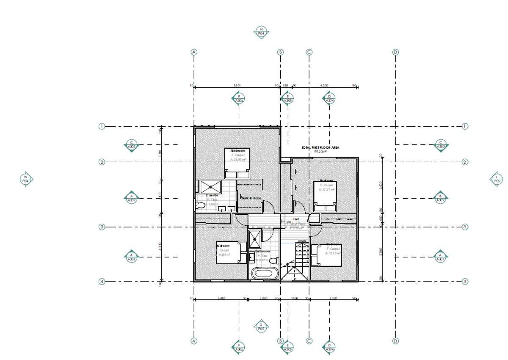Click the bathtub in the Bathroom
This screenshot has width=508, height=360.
[x=265, y=273]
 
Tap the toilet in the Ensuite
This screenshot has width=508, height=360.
[x=201, y=205]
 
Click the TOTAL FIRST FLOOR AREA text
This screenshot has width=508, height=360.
[x=320, y=147]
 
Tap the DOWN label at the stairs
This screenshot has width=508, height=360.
[x=302, y=241]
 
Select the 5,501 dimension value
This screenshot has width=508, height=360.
[x=237, y=86]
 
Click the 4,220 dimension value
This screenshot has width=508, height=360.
[x=324, y=86]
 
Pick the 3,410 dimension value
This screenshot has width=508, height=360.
[x=221, y=298]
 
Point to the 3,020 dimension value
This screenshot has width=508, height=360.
[x=333, y=298]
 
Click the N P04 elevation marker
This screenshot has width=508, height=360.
[x=261, y=32]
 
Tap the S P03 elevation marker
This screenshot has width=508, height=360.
[x=261, y=326]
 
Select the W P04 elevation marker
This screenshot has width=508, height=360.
[x=26, y=179]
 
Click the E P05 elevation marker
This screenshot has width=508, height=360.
[x=497, y=179]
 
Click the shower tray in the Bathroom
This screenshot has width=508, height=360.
[x=255, y=239]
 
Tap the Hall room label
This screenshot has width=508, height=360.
[x=296, y=219]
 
